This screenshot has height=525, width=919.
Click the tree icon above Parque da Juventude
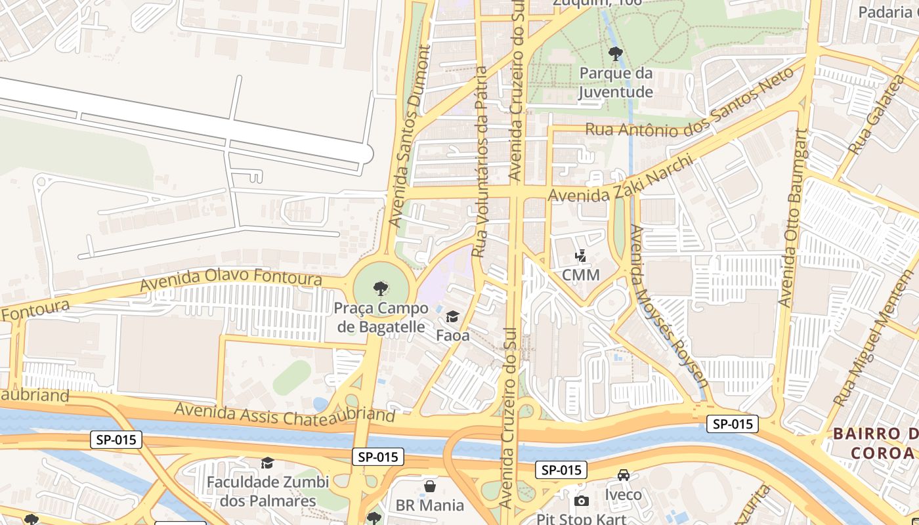(615, 54)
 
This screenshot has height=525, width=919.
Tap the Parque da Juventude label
(615, 83)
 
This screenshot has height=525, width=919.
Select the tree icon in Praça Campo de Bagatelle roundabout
(379, 287)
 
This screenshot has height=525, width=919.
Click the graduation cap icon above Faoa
(452, 318)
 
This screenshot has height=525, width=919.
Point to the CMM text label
(580, 275)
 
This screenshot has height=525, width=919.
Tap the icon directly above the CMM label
(580, 255)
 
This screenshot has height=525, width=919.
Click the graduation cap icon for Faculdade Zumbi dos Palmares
(267, 463)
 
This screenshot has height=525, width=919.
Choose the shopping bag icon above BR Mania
(429, 486)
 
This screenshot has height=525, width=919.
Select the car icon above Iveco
(623, 475)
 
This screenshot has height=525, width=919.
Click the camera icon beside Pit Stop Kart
(581, 501)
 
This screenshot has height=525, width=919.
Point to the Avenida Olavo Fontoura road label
(230, 280)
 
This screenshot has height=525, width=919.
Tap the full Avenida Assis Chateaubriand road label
(285, 413)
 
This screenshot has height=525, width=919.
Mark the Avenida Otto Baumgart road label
(792, 218)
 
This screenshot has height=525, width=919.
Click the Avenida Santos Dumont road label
(410, 135)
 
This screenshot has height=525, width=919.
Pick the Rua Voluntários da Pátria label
(481, 161)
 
